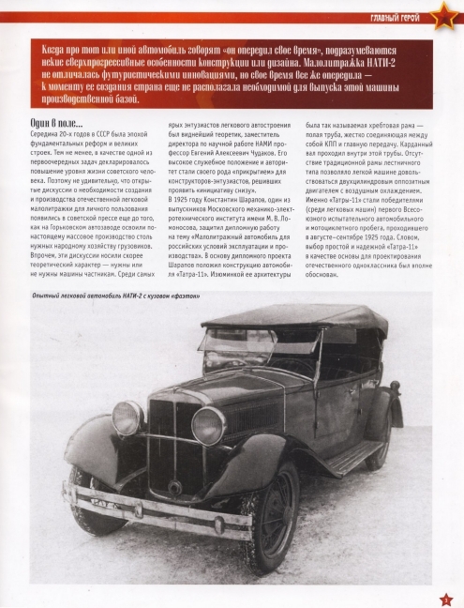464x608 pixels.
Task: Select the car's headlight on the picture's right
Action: click(208, 425)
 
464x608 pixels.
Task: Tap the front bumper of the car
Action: click(159, 504)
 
